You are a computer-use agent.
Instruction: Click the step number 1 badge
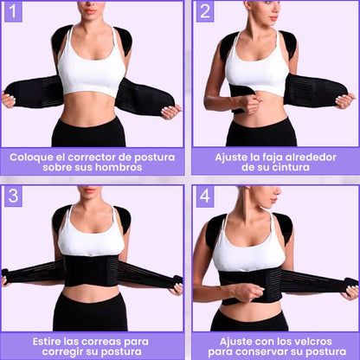pyautogui.click(x=13, y=12)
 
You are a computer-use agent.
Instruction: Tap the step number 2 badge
pyautogui.click(x=205, y=12)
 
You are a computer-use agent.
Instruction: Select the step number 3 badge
pyautogui.click(x=13, y=196)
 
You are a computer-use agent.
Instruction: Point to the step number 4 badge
pyautogui.click(x=205, y=196)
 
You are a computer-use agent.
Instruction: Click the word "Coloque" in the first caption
pyautogui.click(x=28, y=157)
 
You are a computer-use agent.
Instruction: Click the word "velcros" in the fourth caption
pyautogui.click(x=308, y=342)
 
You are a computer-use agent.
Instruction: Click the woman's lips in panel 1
pyautogui.click(x=90, y=11)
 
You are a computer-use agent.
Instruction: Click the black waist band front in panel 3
pyautogui.click(x=91, y=271)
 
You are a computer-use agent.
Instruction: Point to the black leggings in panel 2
pyautogui.click(x=261, y=133)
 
